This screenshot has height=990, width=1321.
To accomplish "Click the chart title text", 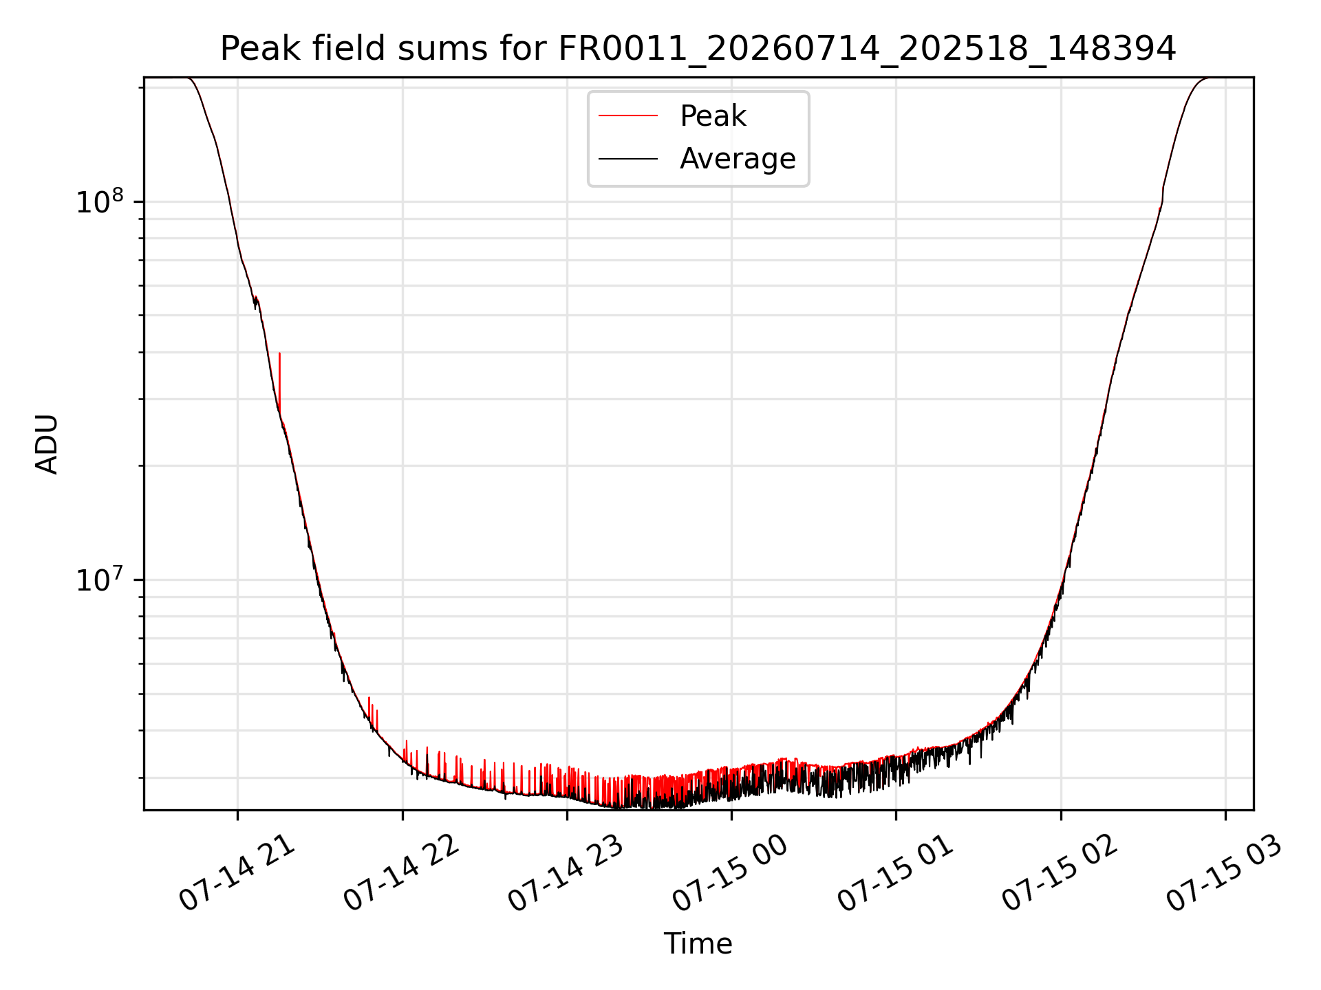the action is [698, 49].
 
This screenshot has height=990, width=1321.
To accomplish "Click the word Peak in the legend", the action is [713, 116].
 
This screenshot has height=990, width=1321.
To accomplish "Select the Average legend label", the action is [738, 159].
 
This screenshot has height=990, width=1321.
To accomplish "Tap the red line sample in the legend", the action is [628, 116].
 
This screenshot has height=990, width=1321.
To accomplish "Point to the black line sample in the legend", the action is [628, 159].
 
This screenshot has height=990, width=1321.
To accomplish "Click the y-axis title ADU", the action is [47, 444].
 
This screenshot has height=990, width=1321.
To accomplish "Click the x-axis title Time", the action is [698, 943].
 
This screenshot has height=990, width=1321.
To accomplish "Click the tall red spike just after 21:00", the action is [279, 382].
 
